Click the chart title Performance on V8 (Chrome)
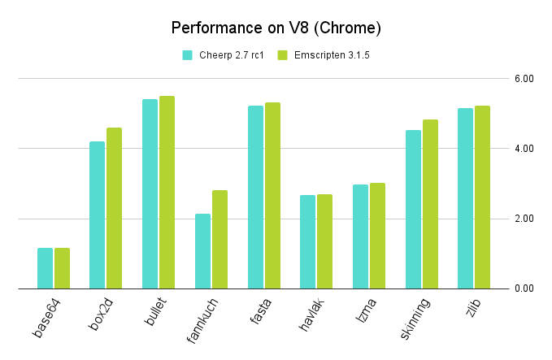click(x=276, y=28)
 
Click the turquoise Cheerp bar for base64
click(x=45, y=268)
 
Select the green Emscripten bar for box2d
click(x=114, y=208)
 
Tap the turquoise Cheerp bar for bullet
click(x=150, y=194)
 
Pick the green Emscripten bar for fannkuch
click(x=219, y=240)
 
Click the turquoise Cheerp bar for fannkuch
click(x=202, y=251)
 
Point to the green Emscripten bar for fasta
click(x=272, y=196)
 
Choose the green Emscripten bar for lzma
click(x=377, y=236)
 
